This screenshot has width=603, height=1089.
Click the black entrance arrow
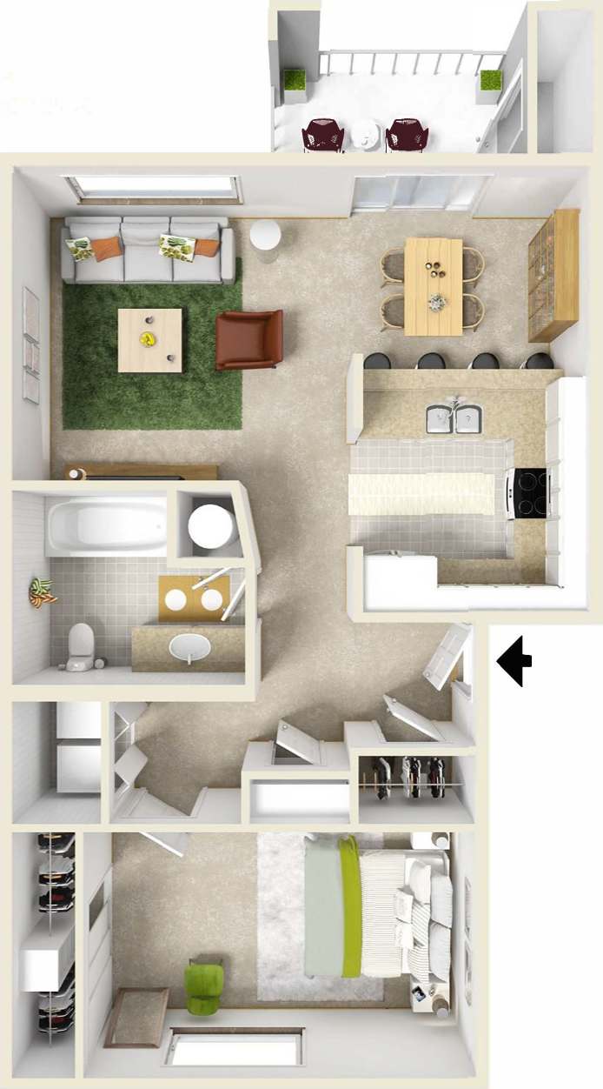(x=514, y=661)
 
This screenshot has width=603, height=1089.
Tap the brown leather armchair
(x=249, y=339)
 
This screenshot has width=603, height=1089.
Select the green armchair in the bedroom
(x=204, y=985)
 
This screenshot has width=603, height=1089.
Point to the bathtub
(x=106, y=526)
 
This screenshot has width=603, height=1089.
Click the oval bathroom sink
(x=189, y=647)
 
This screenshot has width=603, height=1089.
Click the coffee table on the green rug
(x=150, y=339)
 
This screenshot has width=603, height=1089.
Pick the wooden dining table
(x=434, y=286)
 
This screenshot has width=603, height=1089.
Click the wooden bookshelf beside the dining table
(x=553, y=275)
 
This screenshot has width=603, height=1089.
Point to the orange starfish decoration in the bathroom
(x=42, y=592)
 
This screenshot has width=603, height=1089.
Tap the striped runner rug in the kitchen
(x=421, y=494)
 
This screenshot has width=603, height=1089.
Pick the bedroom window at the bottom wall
(x=235, y=1048)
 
